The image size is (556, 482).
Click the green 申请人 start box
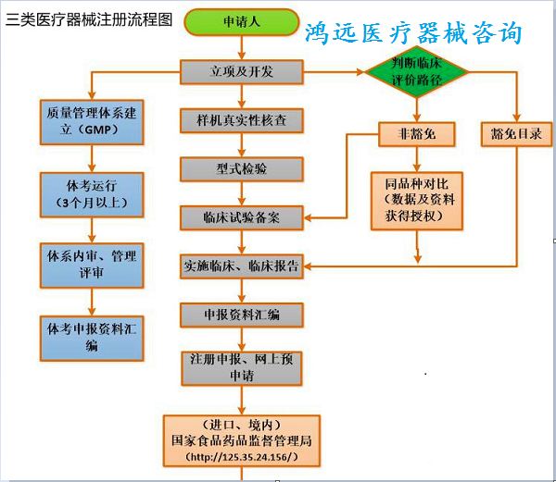coord(242,22)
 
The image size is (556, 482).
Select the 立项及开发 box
coord(242,72)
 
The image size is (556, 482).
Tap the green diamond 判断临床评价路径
coord(417,72)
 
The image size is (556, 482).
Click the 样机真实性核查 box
coord(242,120)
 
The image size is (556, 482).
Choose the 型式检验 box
coord(242,169)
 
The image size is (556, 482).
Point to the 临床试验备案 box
coord(242,217)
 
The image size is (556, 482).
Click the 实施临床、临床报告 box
coord(242,266)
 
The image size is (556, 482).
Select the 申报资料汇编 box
coord(242,315)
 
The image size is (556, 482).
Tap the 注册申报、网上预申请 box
coord(242,368)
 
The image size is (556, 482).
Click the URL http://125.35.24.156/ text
coord(242,457)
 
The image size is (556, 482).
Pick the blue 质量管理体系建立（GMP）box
coord(92,122)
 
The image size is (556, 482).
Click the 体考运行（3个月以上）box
coord(92,194)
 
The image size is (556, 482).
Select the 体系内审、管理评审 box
coord(92,266)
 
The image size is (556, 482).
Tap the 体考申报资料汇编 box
coord(92,339)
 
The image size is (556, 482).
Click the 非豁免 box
coord(417,134)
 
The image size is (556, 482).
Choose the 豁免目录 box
coord(517,134)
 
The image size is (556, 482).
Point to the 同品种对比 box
coord(417,201)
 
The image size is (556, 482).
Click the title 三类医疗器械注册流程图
coord(89,19)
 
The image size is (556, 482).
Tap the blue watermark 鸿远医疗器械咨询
coord(413,32)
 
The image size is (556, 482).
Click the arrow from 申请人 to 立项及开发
coord(242,48)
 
